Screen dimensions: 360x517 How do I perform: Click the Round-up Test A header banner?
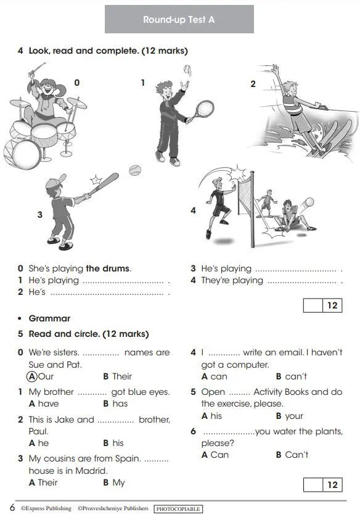(179, 19)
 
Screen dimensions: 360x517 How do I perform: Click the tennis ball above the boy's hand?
(187, 69)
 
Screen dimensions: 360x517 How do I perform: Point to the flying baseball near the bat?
(135, 170)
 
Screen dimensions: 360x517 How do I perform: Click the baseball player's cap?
(55, 181)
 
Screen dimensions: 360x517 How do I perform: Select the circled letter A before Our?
(31, 376)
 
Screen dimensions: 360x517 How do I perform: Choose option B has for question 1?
(115, 403)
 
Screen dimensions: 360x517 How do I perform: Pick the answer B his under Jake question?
(113, 443)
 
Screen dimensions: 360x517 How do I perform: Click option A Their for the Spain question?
(43, 482)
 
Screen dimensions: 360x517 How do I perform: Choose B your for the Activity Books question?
(290, 416)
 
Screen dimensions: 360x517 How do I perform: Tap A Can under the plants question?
(215, 455)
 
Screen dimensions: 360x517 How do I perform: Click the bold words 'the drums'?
(108, 268)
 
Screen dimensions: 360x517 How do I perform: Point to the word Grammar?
(49, 318)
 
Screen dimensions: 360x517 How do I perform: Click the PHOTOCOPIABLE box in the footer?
(178, 509)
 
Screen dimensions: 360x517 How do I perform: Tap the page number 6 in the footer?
(12, 508)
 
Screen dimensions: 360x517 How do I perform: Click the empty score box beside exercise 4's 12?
(313, 305)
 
